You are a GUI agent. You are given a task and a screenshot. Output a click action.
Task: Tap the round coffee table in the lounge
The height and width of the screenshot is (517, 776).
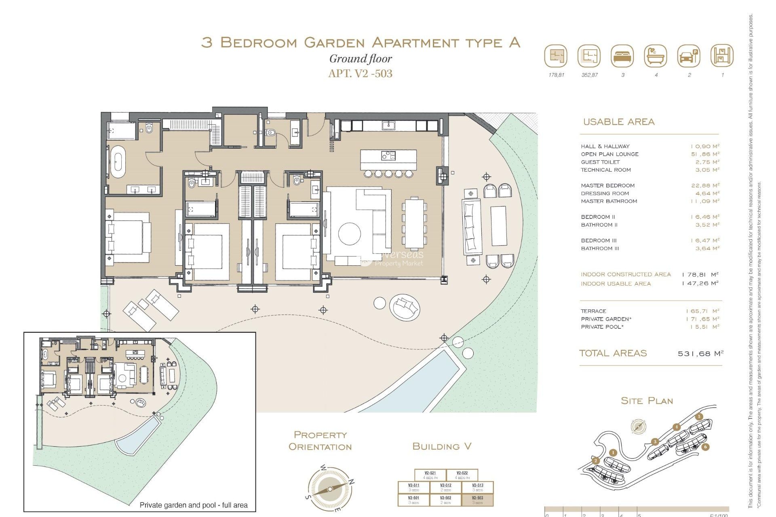coord(349,233)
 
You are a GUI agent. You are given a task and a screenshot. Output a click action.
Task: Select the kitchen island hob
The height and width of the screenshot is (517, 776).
coord(388,155)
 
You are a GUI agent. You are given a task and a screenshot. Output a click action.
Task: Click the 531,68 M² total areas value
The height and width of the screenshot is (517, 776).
coord(700,353)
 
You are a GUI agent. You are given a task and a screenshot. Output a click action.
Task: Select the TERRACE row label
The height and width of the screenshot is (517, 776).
coord(593,311)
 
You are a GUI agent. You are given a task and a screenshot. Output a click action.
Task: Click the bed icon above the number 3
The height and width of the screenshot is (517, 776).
coord(622,56)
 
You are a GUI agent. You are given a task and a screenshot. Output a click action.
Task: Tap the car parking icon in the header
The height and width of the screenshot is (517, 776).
coord(689,56)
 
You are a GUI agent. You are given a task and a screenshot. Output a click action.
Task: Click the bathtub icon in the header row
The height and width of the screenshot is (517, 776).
coord(656,56)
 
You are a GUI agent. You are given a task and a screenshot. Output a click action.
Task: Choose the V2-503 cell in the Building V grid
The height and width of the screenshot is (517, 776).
coord(478,500)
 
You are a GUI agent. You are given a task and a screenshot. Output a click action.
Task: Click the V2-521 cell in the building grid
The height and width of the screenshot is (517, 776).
coord(430,475)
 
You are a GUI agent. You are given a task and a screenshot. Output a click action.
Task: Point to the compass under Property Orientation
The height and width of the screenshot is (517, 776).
coord(330,489)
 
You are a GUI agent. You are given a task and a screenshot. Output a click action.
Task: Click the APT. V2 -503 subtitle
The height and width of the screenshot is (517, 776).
coord(360,74)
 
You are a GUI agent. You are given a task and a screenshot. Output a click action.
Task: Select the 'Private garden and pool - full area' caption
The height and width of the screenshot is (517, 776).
coord(193,505)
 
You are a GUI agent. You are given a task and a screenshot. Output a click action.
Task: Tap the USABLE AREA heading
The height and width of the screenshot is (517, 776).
coord(618,122)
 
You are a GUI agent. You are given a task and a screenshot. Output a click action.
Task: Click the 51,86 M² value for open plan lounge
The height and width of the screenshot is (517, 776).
coord(705,154)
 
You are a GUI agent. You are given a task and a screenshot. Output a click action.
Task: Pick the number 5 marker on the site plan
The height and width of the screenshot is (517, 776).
coord(699,417)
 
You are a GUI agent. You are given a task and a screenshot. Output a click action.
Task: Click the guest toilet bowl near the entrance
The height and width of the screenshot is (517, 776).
coord(271,132)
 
